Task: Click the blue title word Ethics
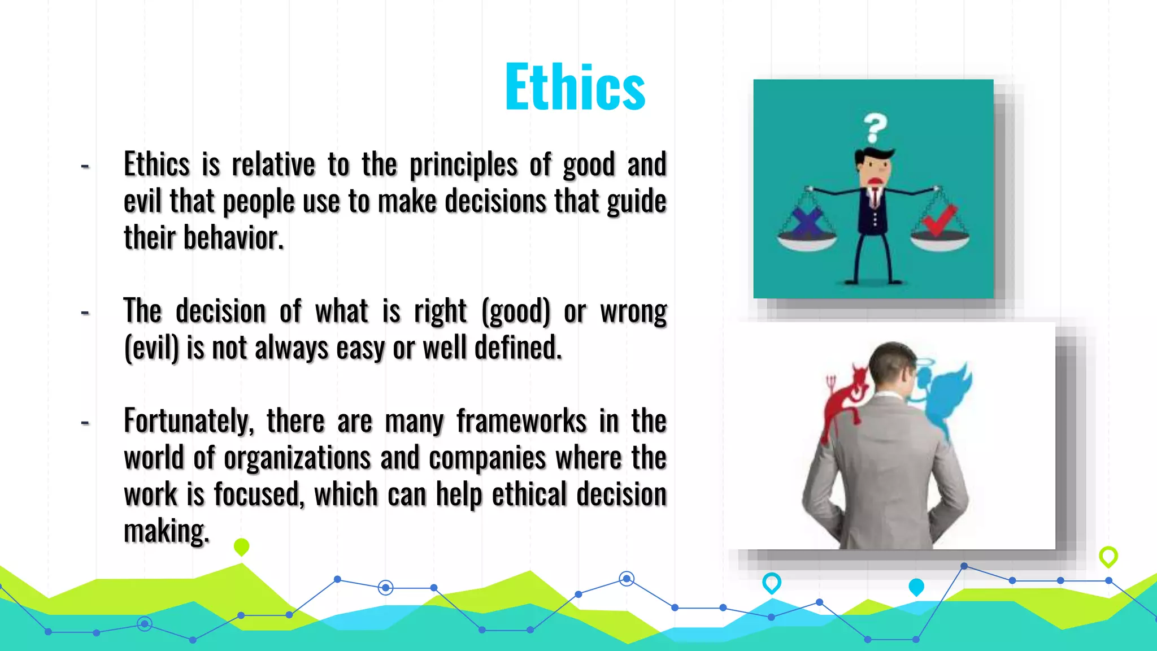(575, 87)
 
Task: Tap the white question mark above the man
(875, 128)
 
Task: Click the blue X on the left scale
(807, 222)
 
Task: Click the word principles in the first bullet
(463, 166)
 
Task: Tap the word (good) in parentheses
(515, 311)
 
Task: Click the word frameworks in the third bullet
(521, 422)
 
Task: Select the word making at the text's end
(166, 531)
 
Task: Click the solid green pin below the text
(241, 546)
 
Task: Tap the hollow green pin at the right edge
(1108, 556)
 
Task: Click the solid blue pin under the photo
(916, 587)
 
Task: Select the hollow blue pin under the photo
(772, 582)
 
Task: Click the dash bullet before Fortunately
(85, 422)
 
